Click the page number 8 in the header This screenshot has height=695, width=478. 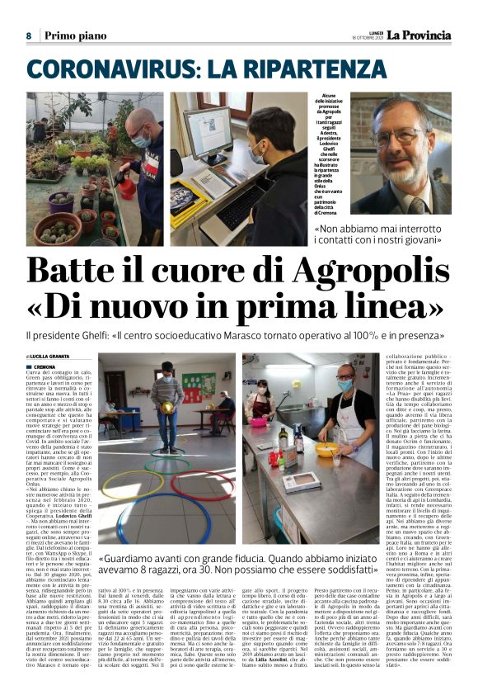[29, 35]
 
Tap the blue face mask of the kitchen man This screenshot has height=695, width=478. [344, 385]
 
